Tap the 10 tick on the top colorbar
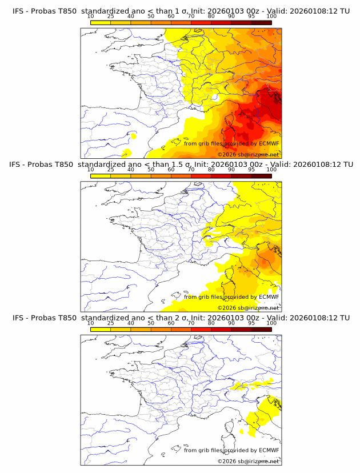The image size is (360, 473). click(x=91, y=17)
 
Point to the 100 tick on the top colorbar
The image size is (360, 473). click(x=271, y=17)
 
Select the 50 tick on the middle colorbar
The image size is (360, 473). click(x=151, y=170)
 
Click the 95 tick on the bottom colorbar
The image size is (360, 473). click(x=251, y=323)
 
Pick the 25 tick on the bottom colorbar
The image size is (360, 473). click(x=111, y=323)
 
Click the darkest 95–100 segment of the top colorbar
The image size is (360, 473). click(x=261, y=23)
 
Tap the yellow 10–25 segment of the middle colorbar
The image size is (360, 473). click(x=101, y=176)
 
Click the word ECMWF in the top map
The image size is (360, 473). click(x=269, y=143)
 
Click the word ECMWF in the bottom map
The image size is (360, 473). click(x=269, y=450)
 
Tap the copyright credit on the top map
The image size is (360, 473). click(x=248, y=155)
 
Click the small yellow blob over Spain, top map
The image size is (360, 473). click(x=134, y=136)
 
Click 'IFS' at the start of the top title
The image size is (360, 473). click(x=19, y=11)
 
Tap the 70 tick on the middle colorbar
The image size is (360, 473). click(x=191, y=170)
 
